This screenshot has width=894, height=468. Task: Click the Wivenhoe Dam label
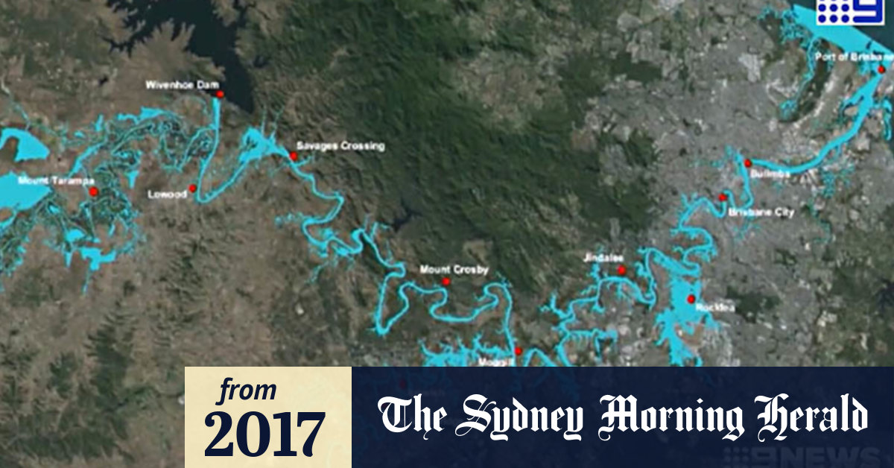point(182,84)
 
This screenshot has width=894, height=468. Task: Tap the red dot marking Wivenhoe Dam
point(220,94)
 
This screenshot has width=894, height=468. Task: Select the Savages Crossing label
point(340,146)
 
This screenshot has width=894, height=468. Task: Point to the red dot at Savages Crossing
point(294,156)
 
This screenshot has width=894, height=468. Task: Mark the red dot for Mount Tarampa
point(94,192)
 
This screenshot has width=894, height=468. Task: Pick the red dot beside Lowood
point(192,189)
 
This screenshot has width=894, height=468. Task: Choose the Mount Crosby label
point(454,270)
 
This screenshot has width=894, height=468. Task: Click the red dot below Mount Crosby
point(446,282)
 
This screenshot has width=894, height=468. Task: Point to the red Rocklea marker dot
point(691,299)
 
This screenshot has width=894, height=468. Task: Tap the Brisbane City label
point(761,212)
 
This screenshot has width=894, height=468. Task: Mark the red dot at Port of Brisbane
point(881,69)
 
